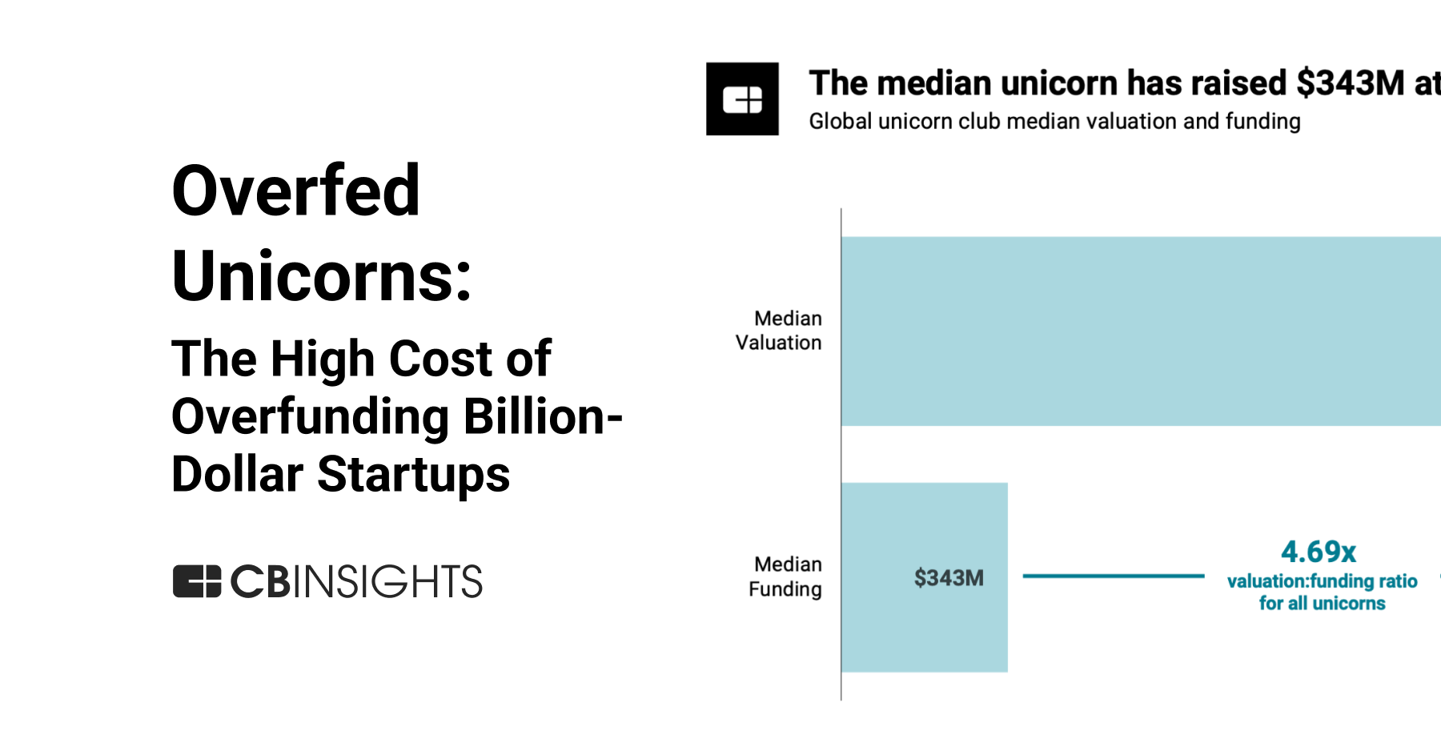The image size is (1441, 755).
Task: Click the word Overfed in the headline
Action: click(x=295, y=191)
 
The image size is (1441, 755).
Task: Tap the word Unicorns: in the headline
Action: click(x=321, y=276)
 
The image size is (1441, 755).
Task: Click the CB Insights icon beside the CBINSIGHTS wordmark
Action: click(x=197, y=581)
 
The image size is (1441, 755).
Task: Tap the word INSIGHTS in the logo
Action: click(x=387, y=581)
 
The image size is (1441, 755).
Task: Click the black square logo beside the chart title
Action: click(x=742, y=99)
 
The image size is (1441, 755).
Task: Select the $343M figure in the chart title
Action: click(x=1350, y=83)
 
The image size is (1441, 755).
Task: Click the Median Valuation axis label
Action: click(x=779, y=330)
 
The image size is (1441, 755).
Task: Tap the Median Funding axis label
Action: click(x=785, y=576)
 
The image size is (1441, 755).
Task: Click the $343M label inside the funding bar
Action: click(x=949, y=578)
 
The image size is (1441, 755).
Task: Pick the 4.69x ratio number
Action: click(x=1319, y=552)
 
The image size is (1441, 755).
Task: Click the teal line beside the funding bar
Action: click(x=1113, y=576)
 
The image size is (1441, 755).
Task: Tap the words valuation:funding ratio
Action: click(x=1322, y=581)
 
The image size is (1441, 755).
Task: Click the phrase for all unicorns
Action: click(x=1322, y=604)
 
